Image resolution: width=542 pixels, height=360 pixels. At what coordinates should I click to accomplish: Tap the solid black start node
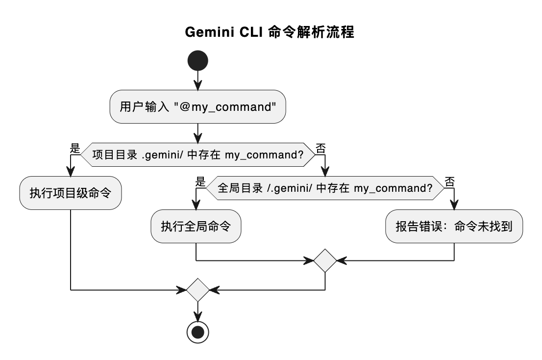197,61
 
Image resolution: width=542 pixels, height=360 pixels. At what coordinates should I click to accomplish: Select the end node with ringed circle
197,332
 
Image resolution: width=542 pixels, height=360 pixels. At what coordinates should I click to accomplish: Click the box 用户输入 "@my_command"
197,106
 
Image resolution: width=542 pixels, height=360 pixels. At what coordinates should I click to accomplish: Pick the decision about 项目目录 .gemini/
197,154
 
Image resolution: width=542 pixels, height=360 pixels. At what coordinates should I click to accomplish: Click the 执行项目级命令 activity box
71,193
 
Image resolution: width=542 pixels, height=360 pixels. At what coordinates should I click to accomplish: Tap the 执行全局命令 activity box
196,226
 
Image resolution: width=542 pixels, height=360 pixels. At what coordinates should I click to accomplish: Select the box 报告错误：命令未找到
454,226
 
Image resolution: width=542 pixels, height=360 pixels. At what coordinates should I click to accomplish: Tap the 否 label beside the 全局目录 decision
449,181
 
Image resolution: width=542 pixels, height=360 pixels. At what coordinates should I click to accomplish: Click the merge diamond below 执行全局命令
325,260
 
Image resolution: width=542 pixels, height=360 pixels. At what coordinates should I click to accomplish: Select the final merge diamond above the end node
197,290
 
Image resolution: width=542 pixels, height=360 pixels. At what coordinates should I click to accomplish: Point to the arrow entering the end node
197,311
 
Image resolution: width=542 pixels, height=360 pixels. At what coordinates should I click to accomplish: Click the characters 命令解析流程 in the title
312,33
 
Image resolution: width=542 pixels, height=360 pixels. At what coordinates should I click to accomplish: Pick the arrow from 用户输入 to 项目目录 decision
197,132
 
